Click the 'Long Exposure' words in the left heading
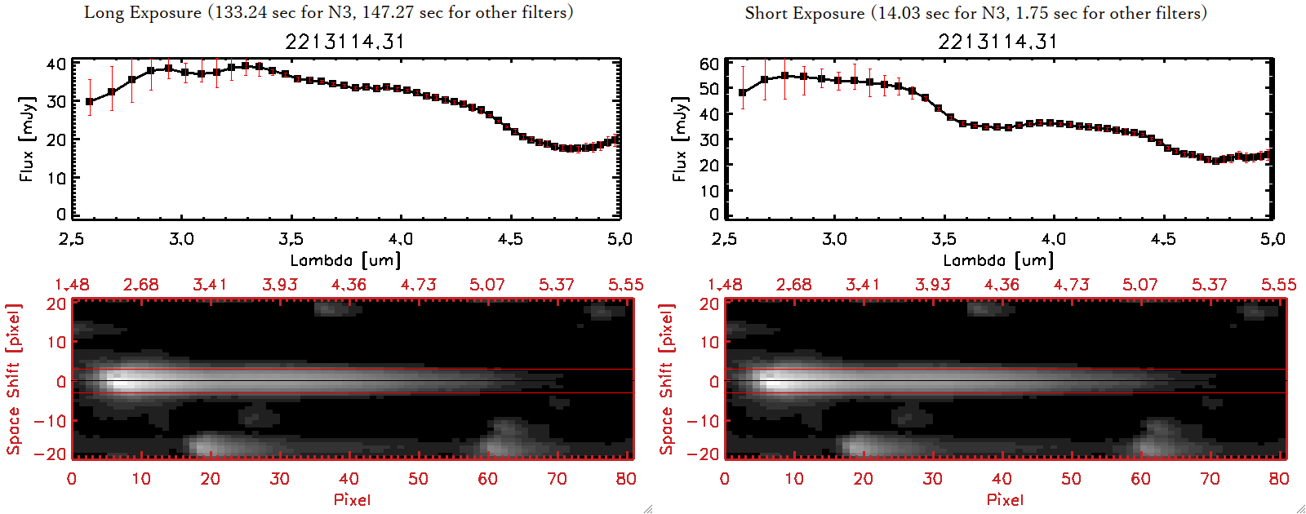tap(143, 12)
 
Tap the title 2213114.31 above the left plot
tap(344, 42)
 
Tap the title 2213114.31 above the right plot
tap(997, 42)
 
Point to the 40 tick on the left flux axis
tap(56, 64)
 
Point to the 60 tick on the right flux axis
tap(709, 64)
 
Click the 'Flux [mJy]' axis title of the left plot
tap(27, 139)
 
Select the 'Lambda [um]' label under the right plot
tap(997, 260)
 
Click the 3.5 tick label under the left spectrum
tap(291, 239)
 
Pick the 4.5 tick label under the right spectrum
tap(1163, 239)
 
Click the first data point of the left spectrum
tap(90, 102)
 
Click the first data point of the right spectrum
tap(742, 93)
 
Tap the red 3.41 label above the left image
tap(210, 285)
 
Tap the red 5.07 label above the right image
tap(1139, 285)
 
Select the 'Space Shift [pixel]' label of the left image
tap(13, 379)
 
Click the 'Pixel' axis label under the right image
tap(1005, 499)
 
